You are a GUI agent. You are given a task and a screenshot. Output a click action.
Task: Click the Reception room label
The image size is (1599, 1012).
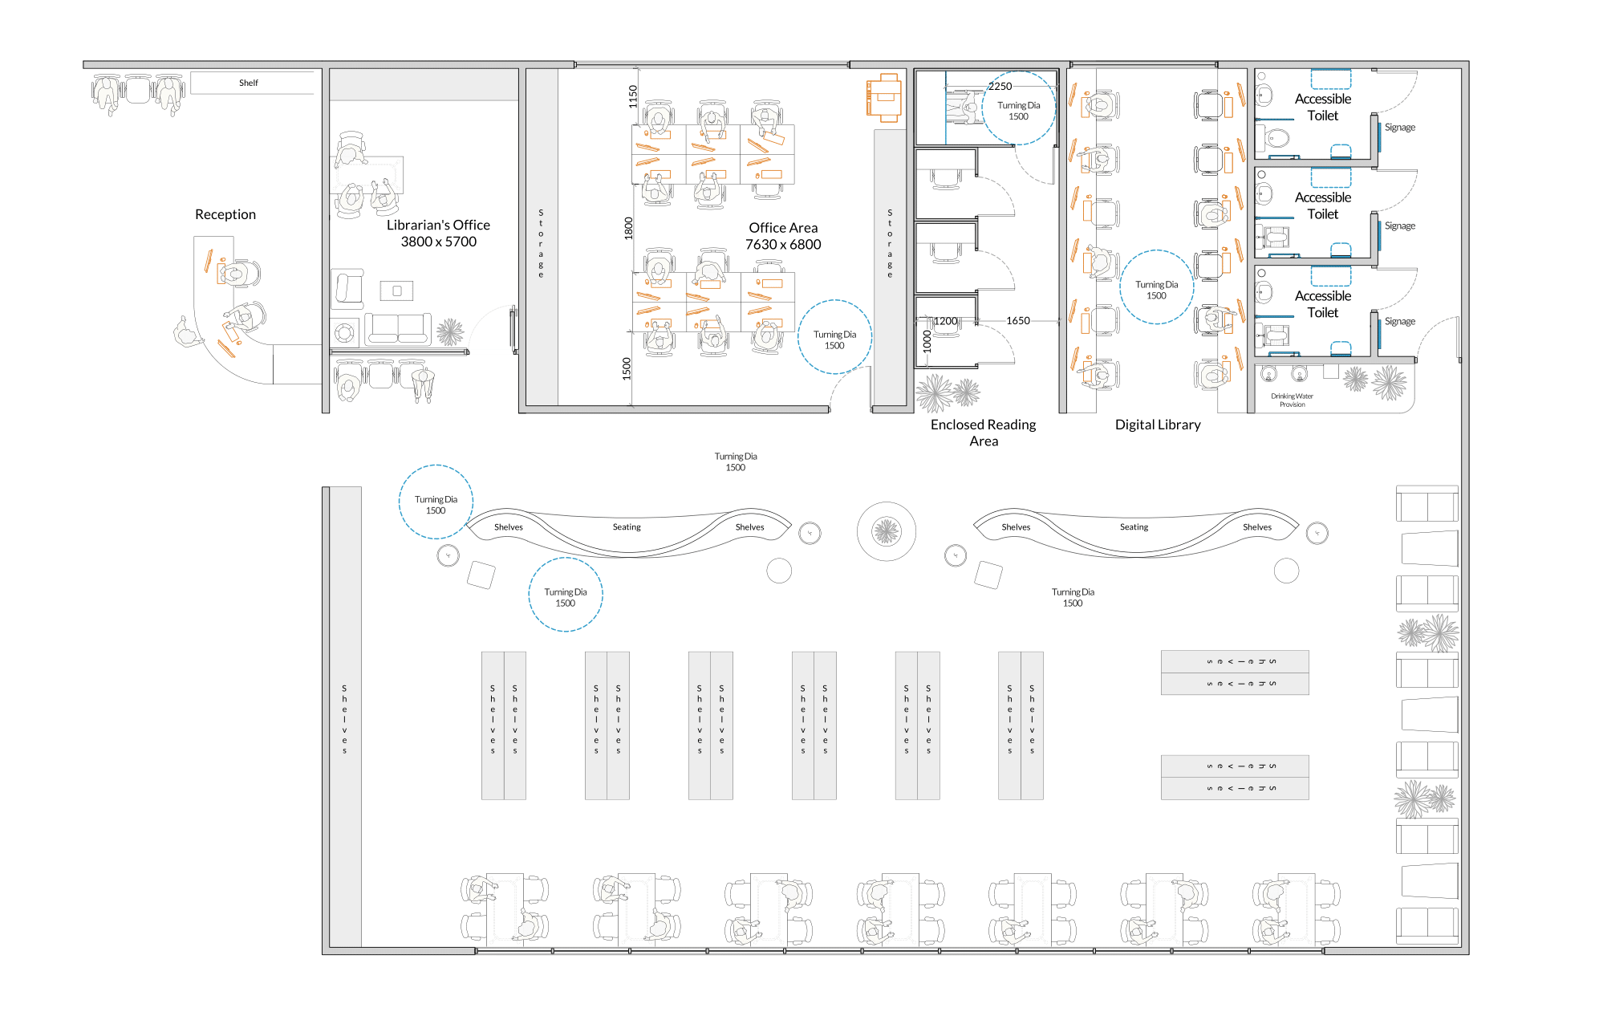pyautogui.click(x=225, y=214)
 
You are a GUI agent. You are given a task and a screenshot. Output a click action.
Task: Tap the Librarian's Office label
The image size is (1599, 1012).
pyautogui.click(x=438, y=225)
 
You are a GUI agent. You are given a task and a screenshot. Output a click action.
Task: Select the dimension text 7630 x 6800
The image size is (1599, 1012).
pyautogui.click(x=783, y=245)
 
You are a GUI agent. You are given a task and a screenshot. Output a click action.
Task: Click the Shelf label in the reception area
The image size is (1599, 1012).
pyautogui.click(x=249, y=83)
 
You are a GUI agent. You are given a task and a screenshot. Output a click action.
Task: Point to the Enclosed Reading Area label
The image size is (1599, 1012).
pyautogui.click(x=984, y=433)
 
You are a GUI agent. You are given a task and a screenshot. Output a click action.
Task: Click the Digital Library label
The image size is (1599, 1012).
pyautogui.click(x=1158, y=425)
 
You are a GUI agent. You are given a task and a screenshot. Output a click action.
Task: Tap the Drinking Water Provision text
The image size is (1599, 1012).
pyautogui.click(x=1292, y=400)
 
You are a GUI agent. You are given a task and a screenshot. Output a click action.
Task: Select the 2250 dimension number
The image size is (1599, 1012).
pyautogui.click(x=1000, y=86)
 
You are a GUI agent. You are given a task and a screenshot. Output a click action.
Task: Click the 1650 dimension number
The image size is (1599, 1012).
pyautogui.click(x=1018, y=320)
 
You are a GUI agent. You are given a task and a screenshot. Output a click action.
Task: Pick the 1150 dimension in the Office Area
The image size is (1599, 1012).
pyautogui.click(x=632, y=96)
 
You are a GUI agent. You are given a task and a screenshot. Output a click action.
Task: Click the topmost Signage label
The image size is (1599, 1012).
pyautogui.click(x=1400, y=127)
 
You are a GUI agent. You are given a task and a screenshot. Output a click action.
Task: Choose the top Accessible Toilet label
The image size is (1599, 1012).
pyautogui.click(x=1323, y=107)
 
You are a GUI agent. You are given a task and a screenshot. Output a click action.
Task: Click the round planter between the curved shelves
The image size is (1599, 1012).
pyautogui.click(x=887, y=531)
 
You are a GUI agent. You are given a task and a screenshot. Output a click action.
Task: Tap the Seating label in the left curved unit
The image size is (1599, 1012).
pyautogui.click(x=627, y=527)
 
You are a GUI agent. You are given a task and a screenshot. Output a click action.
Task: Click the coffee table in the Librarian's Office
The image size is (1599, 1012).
pyautogui.click(x=396, y=291)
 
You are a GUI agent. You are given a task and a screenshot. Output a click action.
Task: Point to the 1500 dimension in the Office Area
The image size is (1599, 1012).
pyautogui.click(x=627, y=368)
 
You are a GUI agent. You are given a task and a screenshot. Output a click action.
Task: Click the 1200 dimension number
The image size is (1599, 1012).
pyautogui.click(x=946, y=321)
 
